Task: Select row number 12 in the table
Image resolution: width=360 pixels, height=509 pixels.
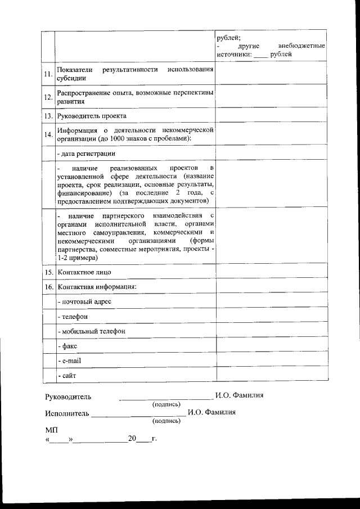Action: point(48,98)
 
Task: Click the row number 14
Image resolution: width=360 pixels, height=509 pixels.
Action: point(48,134)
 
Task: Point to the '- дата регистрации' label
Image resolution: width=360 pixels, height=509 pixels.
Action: point(87,153)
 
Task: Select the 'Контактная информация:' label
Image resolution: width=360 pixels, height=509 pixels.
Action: point(97,287)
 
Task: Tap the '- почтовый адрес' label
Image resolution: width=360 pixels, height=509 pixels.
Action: point(84,302)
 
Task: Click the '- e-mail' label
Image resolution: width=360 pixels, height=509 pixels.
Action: point(70,361)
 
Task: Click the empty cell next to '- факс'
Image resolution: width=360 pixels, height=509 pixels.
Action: point(271,346)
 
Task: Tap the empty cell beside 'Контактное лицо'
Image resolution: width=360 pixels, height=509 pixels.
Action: point(271,272)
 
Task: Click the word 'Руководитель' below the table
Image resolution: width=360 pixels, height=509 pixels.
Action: point(68,397)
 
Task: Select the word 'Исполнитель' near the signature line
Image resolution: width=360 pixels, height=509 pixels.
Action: point(67,413)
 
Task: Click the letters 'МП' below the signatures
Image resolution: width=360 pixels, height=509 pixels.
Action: point(51,430)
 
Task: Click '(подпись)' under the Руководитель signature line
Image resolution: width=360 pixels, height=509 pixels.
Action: point(166,404)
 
